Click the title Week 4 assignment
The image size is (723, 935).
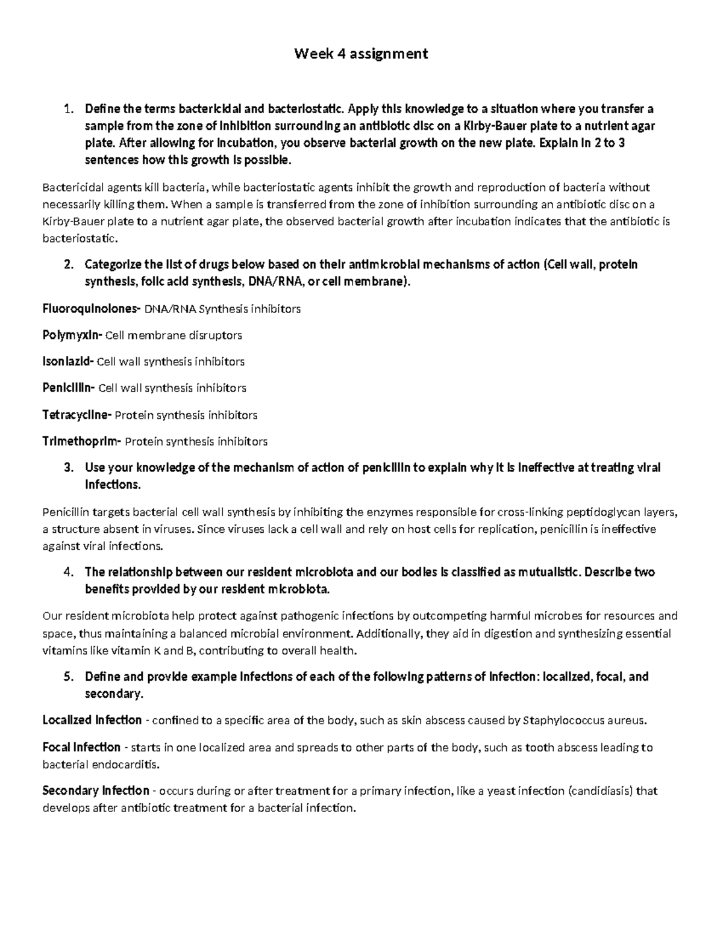coord(361,54)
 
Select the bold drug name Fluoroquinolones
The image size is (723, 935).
coord(90,309)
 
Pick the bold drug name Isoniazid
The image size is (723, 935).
coord(68,362)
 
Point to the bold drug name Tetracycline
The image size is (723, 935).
coord(77,415)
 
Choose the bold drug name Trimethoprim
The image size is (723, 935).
coord(81,441)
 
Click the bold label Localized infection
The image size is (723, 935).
coord(92,720)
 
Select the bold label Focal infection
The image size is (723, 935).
coord(81,747)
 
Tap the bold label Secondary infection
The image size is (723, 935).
coord(95,791)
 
